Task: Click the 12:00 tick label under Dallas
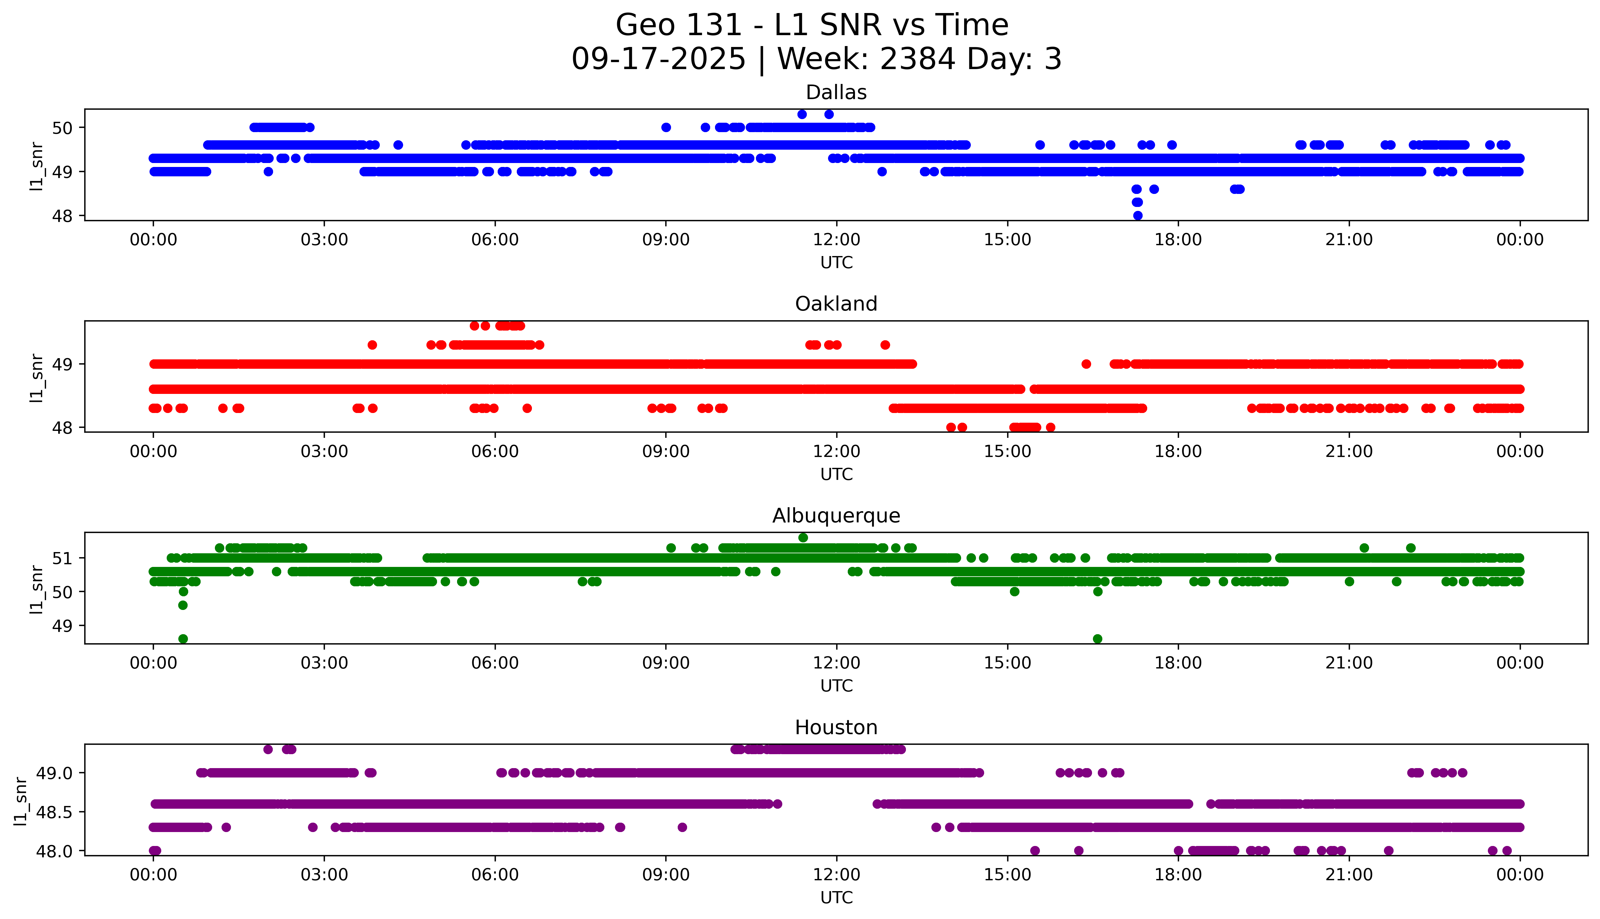click(836, 240)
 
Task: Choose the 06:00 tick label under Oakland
click(495, 451)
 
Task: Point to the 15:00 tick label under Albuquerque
click(1007, 663)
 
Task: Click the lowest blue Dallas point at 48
click(1137, 215)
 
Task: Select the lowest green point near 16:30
click(1097, 639)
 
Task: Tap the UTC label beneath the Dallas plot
click(836, 263)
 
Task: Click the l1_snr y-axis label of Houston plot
click(21, 800)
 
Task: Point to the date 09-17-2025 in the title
click(658, 59)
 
